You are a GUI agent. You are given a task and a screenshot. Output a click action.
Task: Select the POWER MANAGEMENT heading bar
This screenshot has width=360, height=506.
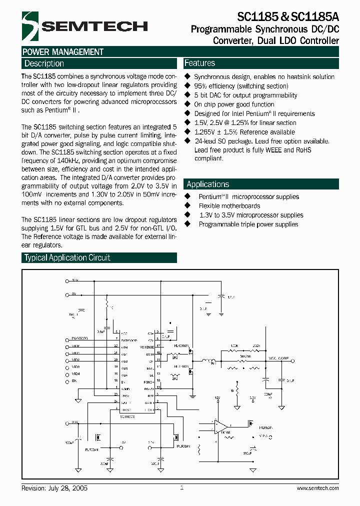[x=63, y=52]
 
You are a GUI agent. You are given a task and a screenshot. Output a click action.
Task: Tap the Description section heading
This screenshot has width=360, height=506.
[x=44, y=63]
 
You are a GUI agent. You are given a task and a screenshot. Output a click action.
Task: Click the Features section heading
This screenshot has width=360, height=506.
[x=199, y=63]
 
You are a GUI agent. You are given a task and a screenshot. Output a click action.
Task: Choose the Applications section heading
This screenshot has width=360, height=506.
[x=207, y=184]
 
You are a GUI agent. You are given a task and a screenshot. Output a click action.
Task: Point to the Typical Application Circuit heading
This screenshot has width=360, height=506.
[x=67, y=257]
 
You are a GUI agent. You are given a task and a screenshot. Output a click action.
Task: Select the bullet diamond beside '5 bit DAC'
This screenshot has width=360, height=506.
[x=187, y=95]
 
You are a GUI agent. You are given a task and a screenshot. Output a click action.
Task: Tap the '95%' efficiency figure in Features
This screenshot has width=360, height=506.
[x=201, y=86]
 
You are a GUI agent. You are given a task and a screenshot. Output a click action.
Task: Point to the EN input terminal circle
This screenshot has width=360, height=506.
[x=67, y=381]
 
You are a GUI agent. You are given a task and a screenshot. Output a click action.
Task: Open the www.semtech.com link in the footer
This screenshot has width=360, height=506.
[x=317, y=488]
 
